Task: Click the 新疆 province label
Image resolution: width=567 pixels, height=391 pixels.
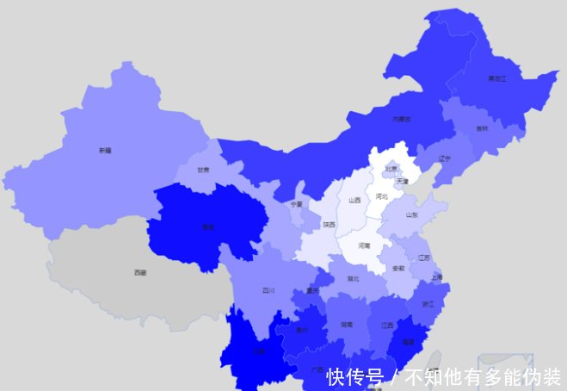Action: [105, 150]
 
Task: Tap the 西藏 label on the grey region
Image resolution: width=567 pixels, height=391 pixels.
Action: [139, 272]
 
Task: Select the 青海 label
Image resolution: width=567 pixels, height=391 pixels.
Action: [207, 227]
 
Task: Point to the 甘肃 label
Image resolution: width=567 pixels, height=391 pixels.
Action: [203, 170]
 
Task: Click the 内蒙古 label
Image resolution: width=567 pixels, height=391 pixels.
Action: [402, 119]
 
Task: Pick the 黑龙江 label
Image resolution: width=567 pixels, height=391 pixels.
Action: [497, 78]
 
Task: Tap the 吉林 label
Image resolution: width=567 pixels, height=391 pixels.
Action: [482, 128]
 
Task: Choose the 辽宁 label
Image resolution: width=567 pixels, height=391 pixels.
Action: [445, 158]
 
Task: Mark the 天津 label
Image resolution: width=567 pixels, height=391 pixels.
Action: [403, 182]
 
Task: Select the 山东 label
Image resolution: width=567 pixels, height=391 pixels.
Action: [412, 214]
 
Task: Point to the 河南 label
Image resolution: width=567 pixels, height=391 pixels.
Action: [364, 245]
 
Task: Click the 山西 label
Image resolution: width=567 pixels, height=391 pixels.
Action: [354, 200]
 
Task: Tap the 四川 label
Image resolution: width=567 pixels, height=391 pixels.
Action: [268, 290]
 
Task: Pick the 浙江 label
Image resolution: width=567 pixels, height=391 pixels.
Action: [428, 304]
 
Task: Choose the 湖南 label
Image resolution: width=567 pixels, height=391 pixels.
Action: [346, 325]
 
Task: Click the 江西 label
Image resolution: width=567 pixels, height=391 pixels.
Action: [387, 325]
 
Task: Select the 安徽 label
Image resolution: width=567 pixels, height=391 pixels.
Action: [398, 269]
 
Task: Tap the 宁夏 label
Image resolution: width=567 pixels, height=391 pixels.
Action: [296, 204]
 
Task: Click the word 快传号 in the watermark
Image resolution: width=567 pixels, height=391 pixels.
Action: [354, 376]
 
